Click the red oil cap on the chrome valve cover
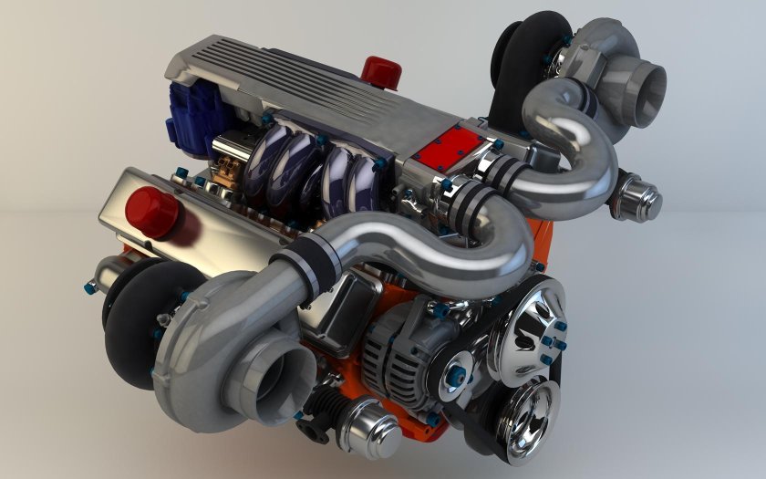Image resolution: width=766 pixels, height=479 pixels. (151, 209)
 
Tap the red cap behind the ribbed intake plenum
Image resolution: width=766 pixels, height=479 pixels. (376, 69)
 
